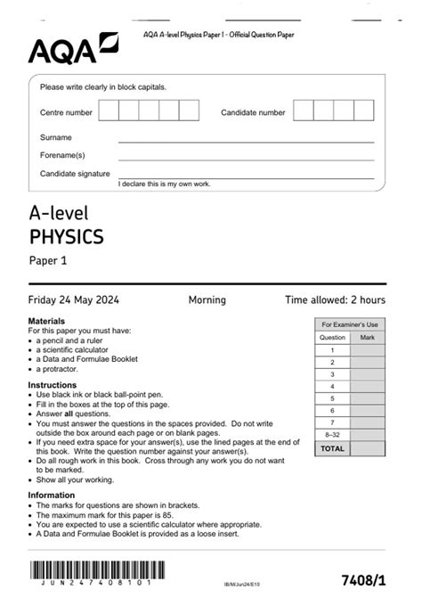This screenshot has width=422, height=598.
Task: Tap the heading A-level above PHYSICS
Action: [59, 213]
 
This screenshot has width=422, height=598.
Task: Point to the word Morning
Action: [207, 300]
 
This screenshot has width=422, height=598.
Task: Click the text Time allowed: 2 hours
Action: [335, 300]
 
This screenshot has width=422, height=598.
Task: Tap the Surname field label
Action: [56, 138]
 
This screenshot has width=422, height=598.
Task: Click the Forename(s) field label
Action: [61, 156]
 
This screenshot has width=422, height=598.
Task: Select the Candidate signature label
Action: [75, 174]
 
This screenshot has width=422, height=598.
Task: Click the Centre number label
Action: [66, 113]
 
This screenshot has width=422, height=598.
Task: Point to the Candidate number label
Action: [253, 113]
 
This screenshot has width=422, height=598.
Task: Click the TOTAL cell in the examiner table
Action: [332, 449]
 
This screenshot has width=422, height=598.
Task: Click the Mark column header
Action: [368, 338]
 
